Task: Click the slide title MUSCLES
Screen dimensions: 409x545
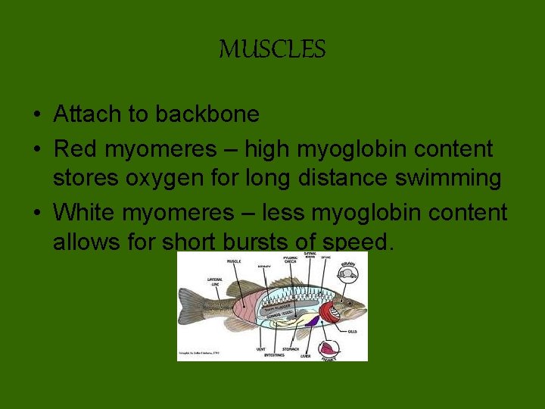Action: [x=272, y=50]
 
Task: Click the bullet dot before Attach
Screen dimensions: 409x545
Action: [x=36, y=115]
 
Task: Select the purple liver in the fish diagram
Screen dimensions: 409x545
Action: [x=311, y=321]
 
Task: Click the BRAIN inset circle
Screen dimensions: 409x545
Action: [x=347, y=274]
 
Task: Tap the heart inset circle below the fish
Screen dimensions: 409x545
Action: [x=329, y=349]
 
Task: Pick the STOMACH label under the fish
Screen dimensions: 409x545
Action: [x=291, y=349]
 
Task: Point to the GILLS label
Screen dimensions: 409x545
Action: [x=353, y=331]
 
